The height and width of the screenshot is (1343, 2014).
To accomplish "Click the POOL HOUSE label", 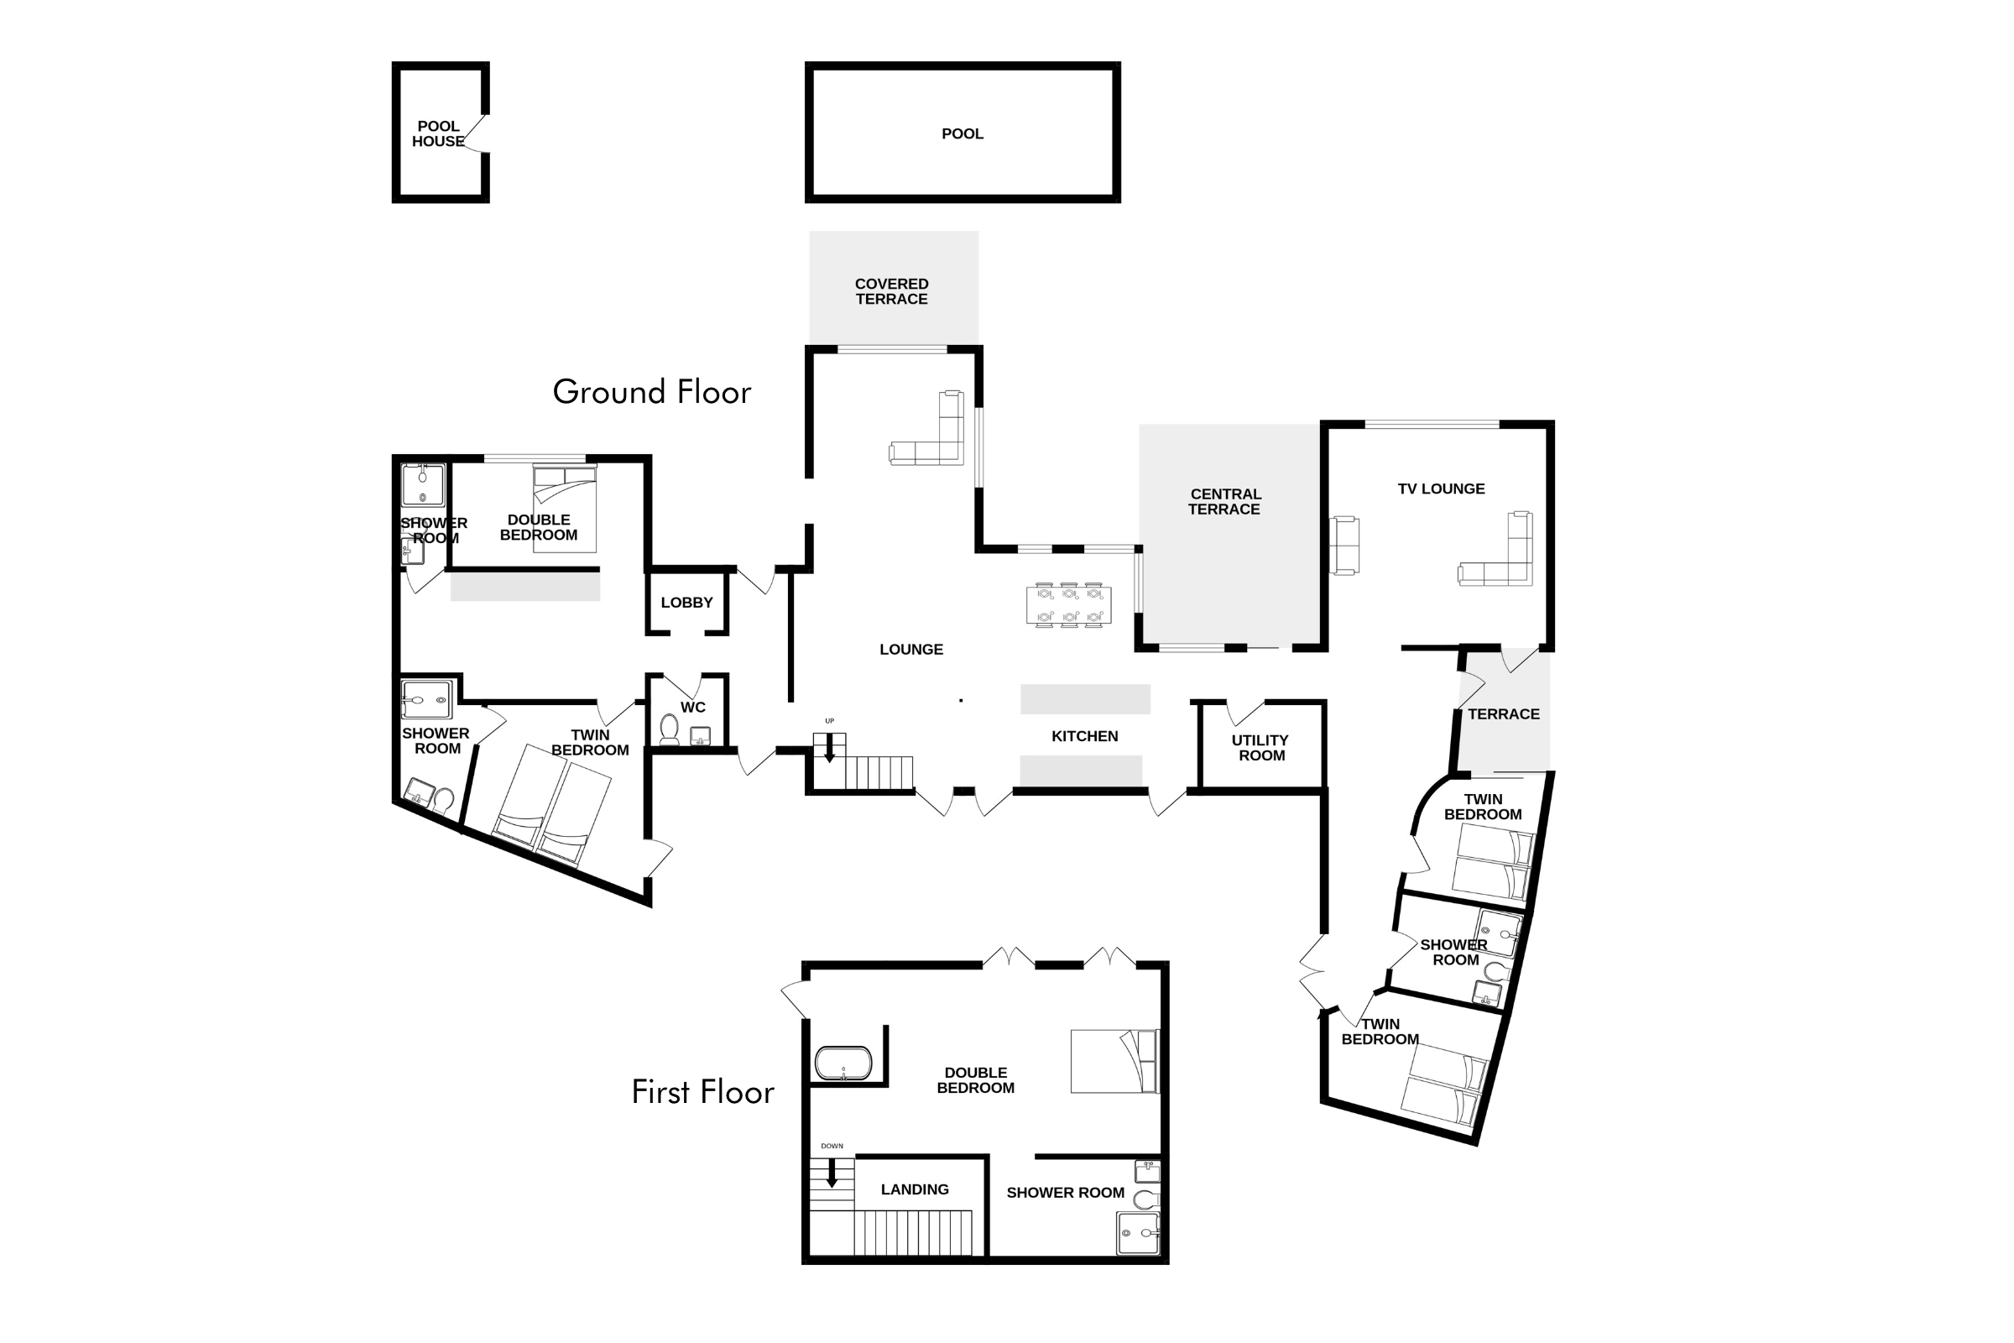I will pyautogui.click(x=437, y=133).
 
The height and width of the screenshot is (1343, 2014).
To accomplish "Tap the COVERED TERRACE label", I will pyautogui.click(x=891, y=291).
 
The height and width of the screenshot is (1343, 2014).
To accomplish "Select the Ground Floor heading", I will pyautogui.click(x=652, y=392).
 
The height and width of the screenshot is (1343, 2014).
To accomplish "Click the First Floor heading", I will pyautogui.click(x=702, y=1092).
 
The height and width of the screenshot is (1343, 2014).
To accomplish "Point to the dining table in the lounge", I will pyautogui.click(x=1068, y=604).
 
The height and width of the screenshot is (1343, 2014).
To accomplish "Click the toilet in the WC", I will pyautogui.click(x=670, y=729).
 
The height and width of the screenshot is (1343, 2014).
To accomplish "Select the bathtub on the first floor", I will pyautogui.click(x=843, y=1063).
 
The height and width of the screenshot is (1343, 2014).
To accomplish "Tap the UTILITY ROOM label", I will pyautogui.click(x=1260, y=748).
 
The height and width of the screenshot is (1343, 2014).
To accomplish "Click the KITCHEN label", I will pyautogui.click(x=1084, y=737).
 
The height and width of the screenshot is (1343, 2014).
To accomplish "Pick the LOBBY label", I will pyautogui.click(x=686, y=603).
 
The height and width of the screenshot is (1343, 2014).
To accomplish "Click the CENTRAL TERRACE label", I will pyautogui.click(x=1224, y=502).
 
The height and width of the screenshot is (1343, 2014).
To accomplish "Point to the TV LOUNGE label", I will pyautogui.click(x=1441, y=489).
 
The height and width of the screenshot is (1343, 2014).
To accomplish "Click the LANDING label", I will pyautogui.click(x=915, y=1189).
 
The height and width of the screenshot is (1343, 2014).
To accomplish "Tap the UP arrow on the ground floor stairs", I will pyautogui.click(x=829, y=748).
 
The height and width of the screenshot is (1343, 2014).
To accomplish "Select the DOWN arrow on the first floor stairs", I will pyautogui.click(x=831, y=1173).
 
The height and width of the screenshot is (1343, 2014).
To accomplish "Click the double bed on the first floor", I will pyautogui.click(x=1114, y=1061).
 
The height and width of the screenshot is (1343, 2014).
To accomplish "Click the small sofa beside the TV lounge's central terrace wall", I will pyautogui.click(x=1344, y=545).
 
